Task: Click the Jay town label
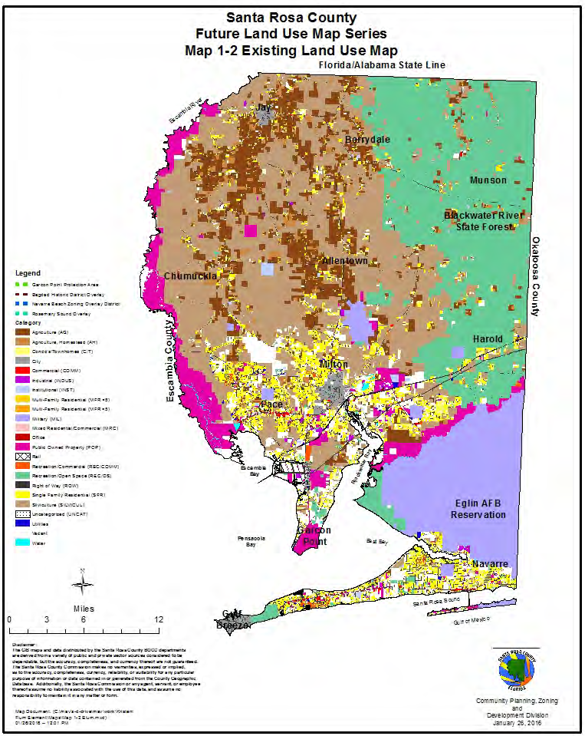point(265,108)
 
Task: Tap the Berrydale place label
point(367,140)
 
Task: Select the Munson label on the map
point(488,180)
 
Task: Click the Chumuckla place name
point(191,276)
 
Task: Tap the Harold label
point(488,338)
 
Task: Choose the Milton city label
point(334,364)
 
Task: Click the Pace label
point(271,404)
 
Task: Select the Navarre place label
point(490,564)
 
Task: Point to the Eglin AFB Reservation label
point(478,509)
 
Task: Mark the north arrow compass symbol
point(81,584)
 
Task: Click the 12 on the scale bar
point(157,619)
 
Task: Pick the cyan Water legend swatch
point(21,542)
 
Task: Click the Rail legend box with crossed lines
point(21,455)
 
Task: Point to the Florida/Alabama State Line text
point(382,66)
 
